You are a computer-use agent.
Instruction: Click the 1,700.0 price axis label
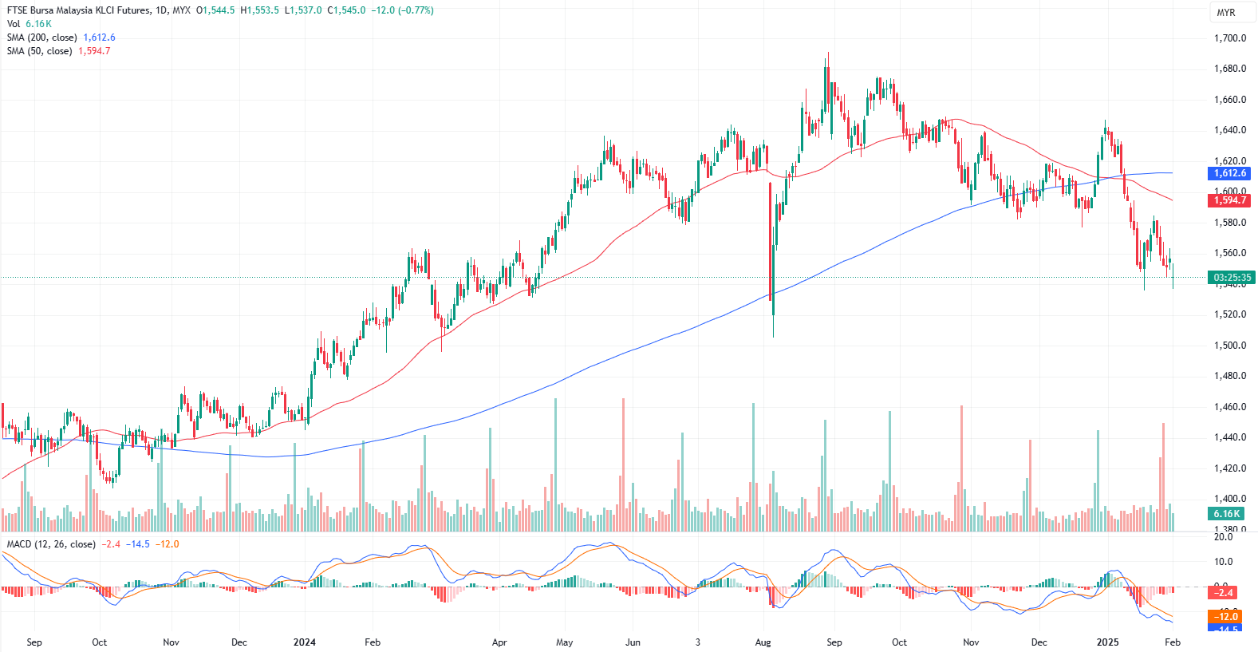tap(1229, 38)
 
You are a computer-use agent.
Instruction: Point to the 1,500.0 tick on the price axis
tap(1229, 346)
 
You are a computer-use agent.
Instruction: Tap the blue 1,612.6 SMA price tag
tap(1229, 173)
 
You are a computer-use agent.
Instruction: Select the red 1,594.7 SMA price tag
tap(1229, 200)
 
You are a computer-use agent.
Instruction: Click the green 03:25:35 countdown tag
tap(1232, 278)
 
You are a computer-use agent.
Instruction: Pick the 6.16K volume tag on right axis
tap(1227, 514)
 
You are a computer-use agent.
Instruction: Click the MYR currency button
tap(1226, 13)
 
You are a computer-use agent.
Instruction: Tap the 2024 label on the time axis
tap(304, 642)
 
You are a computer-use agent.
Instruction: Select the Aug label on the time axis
tap(763, 642)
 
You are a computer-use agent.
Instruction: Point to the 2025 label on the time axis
tap(1107, 642)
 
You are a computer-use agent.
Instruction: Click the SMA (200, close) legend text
tap(42, 38)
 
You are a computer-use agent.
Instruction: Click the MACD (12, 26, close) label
tap(51, 544)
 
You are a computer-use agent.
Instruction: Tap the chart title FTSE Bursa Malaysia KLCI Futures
tap(78, 10)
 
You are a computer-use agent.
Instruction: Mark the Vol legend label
tap(14, 24)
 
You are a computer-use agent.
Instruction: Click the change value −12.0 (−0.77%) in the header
tap(402, 10)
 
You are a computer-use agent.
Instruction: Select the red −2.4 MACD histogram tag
tap(1224, 592)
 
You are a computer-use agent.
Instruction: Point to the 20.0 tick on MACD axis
tap(1223, 537)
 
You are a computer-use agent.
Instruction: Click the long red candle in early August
tap(771, 239)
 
